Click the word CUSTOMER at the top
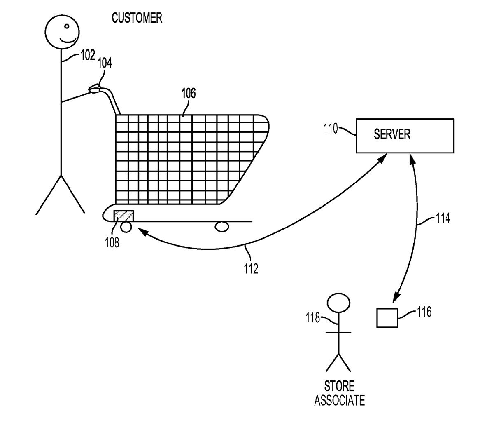[x=137, y=18]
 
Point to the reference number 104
[x=104, y=63]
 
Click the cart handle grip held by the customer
[x=96, y=88]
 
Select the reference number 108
[x=112, y=242]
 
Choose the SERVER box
[x=405, y=136]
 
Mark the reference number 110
[x=331, y=129]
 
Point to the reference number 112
[x=251, y=269]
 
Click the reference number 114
[x=443, y=218]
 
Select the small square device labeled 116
[x=387, y=318]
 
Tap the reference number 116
[x=424, y=312]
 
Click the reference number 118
[x=313, y=318]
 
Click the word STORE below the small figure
[x=339, y=386]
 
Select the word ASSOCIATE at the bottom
[x=339, y=400]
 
